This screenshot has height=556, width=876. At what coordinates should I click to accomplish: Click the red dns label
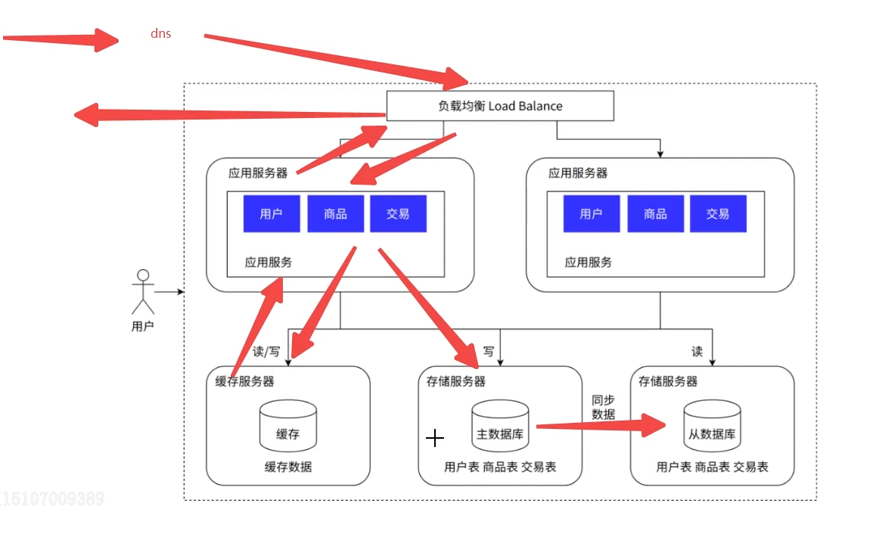click(x=161, y=33)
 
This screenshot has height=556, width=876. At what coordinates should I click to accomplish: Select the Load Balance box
click(x=500, y=106)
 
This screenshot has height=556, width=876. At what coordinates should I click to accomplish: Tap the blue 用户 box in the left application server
click(x=272, y=213)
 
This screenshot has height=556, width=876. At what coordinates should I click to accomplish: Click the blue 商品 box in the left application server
click(x=335, y=213)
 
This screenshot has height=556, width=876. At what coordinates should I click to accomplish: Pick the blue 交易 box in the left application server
click(x=399, y=213)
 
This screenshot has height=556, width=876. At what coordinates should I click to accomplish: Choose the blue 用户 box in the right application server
click(x=592, y=213)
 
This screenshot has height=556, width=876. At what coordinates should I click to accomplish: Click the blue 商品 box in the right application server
click(x=655, y=213)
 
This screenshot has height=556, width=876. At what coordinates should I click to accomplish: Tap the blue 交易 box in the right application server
click(x=718, y=213)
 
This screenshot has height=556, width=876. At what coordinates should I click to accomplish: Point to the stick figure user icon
click(x=143, y=292)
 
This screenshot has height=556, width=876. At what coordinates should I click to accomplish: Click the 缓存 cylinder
click(x=288, y=426)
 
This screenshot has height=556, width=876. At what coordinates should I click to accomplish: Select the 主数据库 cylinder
click(x=500, y=426)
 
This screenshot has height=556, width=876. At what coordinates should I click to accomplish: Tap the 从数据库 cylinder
click(x=713, y=426)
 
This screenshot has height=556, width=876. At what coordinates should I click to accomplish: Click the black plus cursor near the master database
click(x=435, y=438)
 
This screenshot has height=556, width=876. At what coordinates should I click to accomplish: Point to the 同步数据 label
click(x=604, y=408)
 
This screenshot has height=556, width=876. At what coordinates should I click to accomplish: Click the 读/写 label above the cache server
click(x=266, y=352)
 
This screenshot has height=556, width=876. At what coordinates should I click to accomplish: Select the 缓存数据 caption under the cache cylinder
click(x=288, y=467)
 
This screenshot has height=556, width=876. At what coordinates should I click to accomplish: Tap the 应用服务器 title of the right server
click(x=578, y=173)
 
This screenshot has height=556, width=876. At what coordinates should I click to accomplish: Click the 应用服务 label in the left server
click(x=268, y=262)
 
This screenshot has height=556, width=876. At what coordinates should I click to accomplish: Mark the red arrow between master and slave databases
click(x=601, y=426)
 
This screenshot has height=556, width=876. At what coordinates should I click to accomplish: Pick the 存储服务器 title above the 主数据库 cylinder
click(x=456, y=381)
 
